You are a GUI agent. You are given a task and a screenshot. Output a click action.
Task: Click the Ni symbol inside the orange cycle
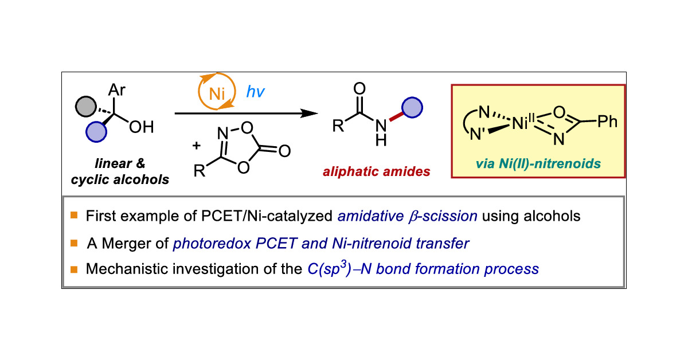point(217,95)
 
